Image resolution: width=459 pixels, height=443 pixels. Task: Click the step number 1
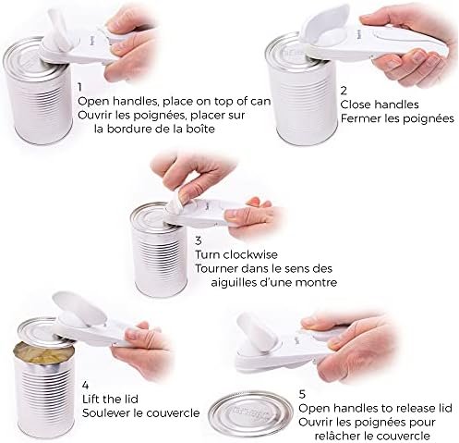tap(79, 87)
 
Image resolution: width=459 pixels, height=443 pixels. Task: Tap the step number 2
tap(344, 91)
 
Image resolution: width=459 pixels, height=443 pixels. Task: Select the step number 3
tap(199, 240)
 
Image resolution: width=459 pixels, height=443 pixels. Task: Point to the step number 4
tap(86, 385)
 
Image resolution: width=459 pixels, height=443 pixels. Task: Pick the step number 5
tap(302, 394)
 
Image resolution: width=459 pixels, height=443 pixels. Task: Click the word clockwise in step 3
tap(250, 254)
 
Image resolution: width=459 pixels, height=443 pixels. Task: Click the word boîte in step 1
tap(198, 129)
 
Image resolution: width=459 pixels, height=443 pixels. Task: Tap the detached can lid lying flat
tap(250, 415)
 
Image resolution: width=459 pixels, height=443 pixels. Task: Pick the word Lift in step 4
tap(91, 400)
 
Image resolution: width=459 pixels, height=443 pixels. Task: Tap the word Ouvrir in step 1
tap(95, 115)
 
